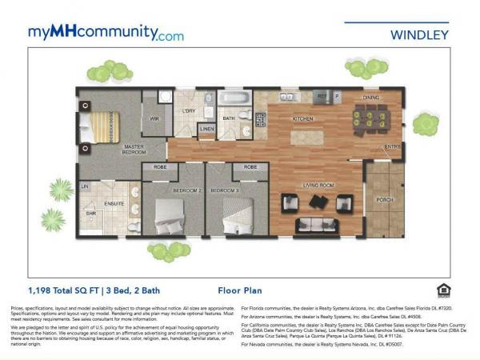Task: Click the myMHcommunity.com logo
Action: [x=106, y=33]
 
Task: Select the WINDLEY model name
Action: [x=419, y=34]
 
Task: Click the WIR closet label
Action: [x=154, y=119]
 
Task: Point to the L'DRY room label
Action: [x=190, y=110]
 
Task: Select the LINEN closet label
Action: [x=207, y=128]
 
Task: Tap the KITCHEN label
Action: [x=302, y=119]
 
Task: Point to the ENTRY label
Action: [x=392, y=147]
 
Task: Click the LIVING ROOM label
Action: [x=318, y=185]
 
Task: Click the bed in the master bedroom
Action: [x=100, y=127]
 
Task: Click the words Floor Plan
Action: [x=239, y=290]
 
